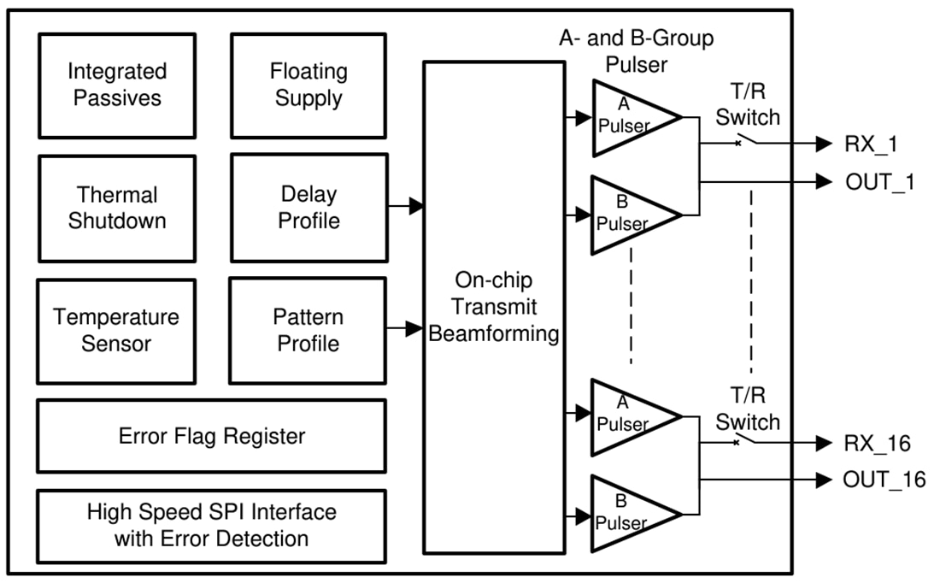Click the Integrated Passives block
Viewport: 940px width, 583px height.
coord(116,85)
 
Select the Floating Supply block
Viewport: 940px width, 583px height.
coord(308,85)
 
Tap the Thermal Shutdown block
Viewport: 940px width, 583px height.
coord(116,208)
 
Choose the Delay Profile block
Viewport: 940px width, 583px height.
coord(308,208)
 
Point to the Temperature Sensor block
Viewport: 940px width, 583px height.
coord(116,330)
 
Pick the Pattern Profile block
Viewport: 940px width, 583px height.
coord(308,330)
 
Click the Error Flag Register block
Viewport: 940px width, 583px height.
coord(212,436)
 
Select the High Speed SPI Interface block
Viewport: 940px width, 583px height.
coord(212,526)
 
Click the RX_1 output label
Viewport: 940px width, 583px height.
coord(871,144)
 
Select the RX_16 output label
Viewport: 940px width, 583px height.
coord(877,443)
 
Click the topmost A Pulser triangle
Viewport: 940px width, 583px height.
coord(631,118)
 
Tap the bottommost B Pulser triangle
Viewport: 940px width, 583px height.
coord(631,514)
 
